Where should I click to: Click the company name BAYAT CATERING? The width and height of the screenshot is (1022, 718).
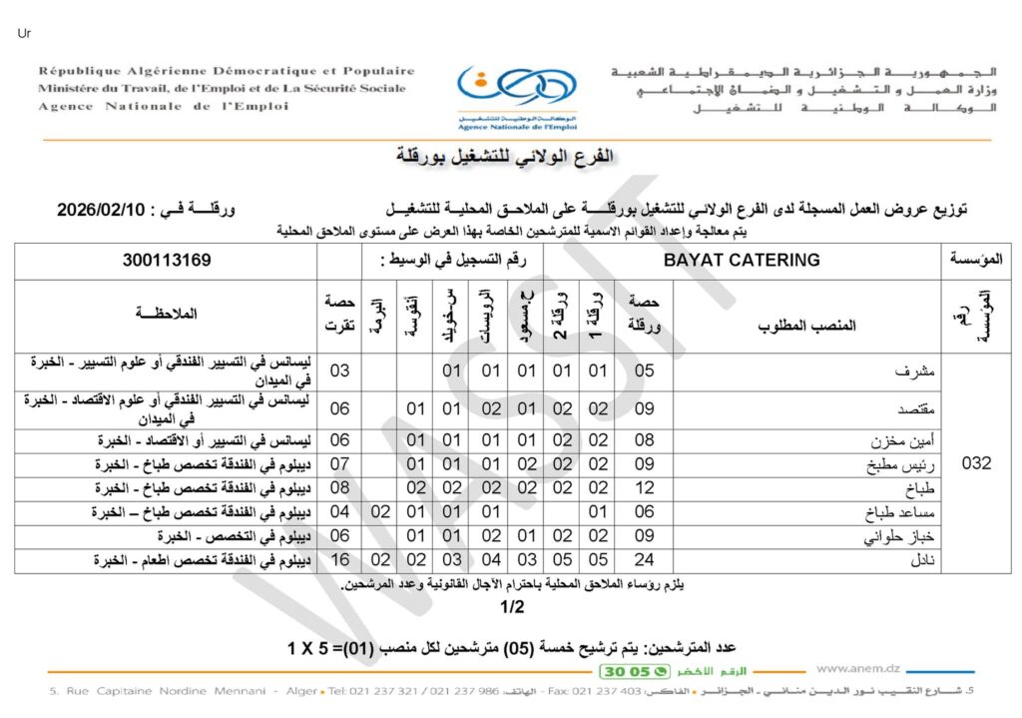(x=742, y=260)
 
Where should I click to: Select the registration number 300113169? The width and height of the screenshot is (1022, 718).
(x=167, y=260)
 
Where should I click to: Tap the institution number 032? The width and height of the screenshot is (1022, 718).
(x=975, y=463)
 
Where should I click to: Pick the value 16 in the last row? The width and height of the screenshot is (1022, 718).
(x=339, y=561)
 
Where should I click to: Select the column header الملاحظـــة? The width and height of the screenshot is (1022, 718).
(x=166, y=314)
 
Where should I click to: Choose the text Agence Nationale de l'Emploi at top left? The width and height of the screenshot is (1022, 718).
(x=162, y=106)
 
